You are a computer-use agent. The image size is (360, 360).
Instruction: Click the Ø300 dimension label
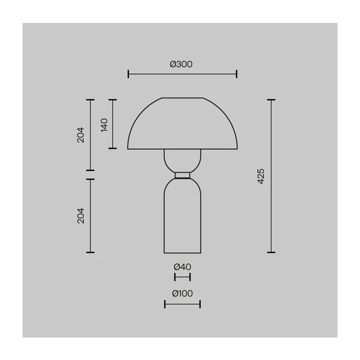(181, 64)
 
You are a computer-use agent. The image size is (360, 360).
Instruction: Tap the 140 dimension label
(104, 125)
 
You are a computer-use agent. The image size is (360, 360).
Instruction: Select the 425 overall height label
(261, 176)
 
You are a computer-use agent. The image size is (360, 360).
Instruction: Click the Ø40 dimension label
(182, 267)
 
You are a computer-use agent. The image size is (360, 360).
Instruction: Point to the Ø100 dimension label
(182, 293)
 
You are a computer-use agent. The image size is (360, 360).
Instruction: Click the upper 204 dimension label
(81, 135)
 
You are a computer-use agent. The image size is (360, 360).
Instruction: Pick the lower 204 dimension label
(81, 216)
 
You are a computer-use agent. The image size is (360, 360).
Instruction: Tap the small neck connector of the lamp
(182, 175)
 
